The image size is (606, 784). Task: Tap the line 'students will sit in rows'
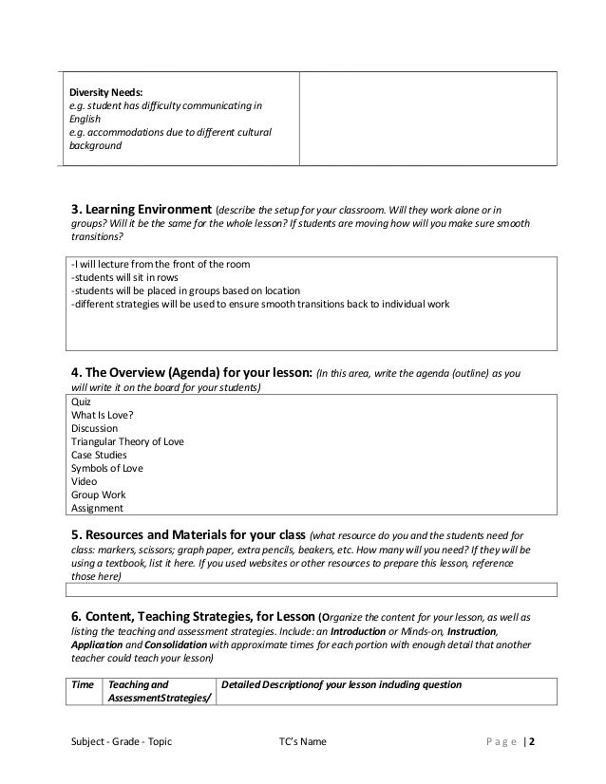point(125,277)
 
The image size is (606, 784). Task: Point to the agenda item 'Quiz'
point(82,401)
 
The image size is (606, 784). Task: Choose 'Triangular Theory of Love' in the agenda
point(127,441)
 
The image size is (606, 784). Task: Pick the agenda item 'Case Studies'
point(99,455)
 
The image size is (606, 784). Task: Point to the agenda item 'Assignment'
point(98,508)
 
